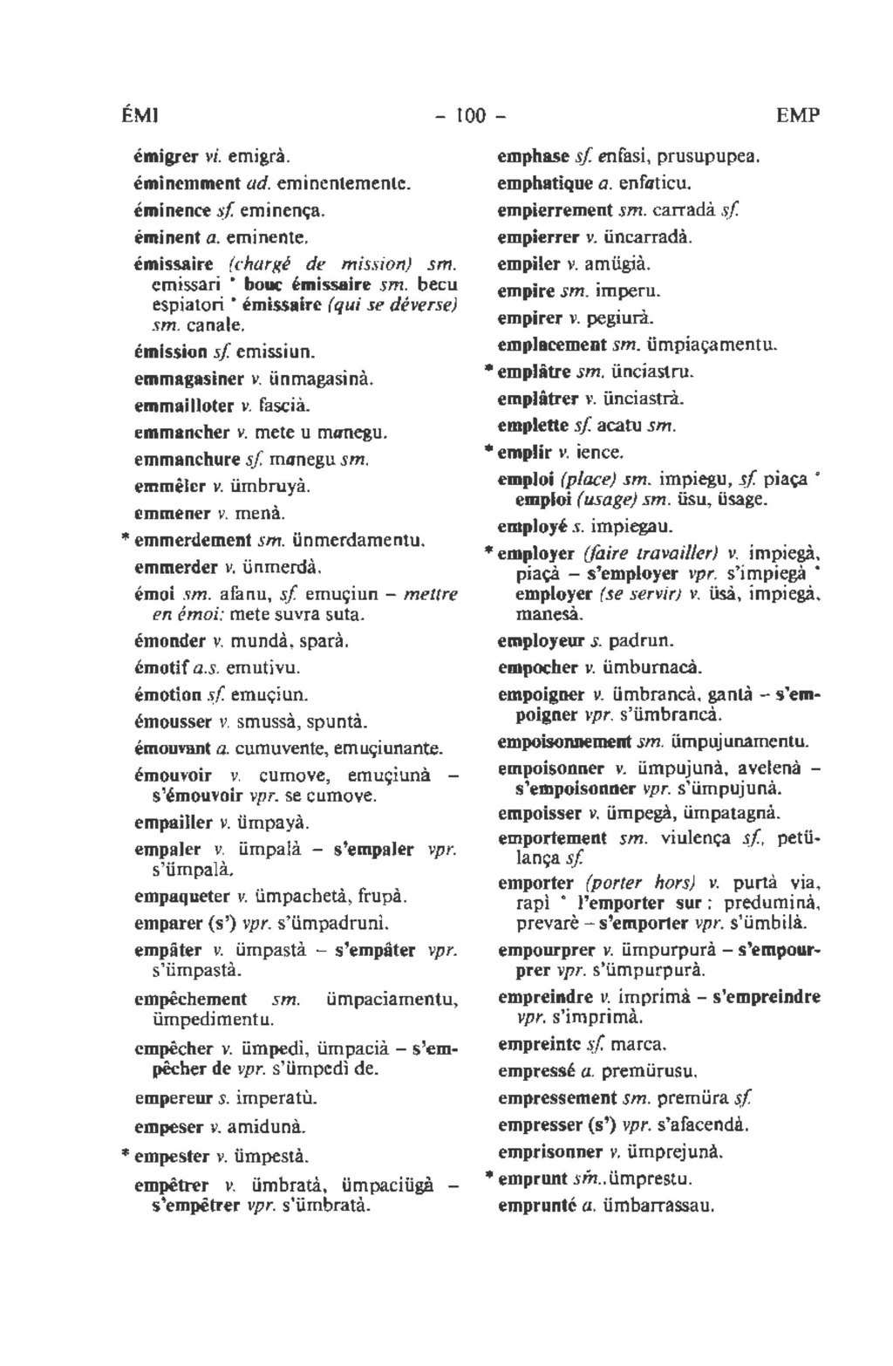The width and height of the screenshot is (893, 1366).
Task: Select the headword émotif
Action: [158, 668]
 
